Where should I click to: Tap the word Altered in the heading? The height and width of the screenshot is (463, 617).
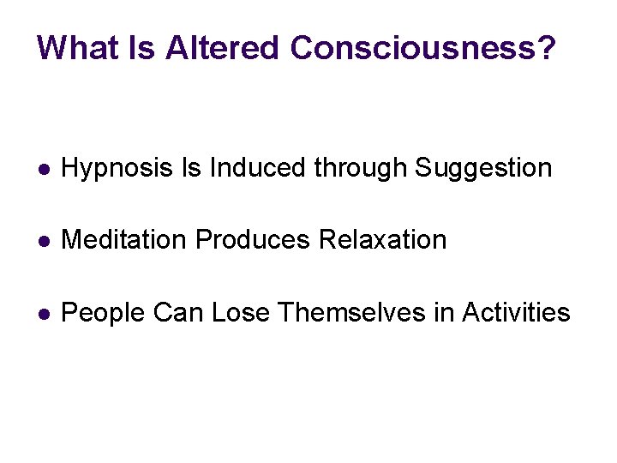tap(223, 48)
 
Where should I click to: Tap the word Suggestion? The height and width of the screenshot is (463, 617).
tap(483, 168)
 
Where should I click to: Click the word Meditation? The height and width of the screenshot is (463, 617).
tap(125, 240)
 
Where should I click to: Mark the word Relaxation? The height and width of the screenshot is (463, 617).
tap(382, 240)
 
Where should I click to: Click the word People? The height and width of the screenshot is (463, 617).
tap(104, 313)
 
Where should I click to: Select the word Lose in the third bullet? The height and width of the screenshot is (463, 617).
tap(241, 313)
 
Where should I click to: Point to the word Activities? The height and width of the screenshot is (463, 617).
tap(516, 313)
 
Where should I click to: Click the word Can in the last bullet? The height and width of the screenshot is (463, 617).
tap(178, 313)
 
